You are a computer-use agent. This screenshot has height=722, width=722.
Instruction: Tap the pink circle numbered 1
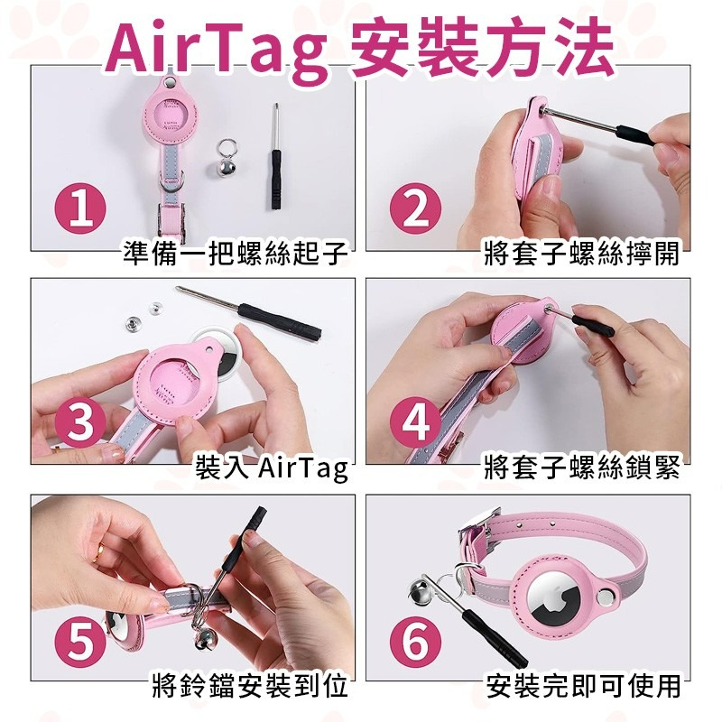[81, 209]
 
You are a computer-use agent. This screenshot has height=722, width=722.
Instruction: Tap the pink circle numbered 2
[416, 209]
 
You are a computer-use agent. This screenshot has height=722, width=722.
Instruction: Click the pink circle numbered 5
[81, 642]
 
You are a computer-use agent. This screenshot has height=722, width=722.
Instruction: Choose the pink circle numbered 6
[416, 642]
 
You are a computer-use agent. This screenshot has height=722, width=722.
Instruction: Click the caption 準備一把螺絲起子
[236, 255]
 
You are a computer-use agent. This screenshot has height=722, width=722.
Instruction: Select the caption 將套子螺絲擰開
[581, 255]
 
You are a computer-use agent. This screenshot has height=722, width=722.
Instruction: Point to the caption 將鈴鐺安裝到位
[248, 686]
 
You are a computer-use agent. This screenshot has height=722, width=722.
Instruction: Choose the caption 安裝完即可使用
[583, 686]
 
